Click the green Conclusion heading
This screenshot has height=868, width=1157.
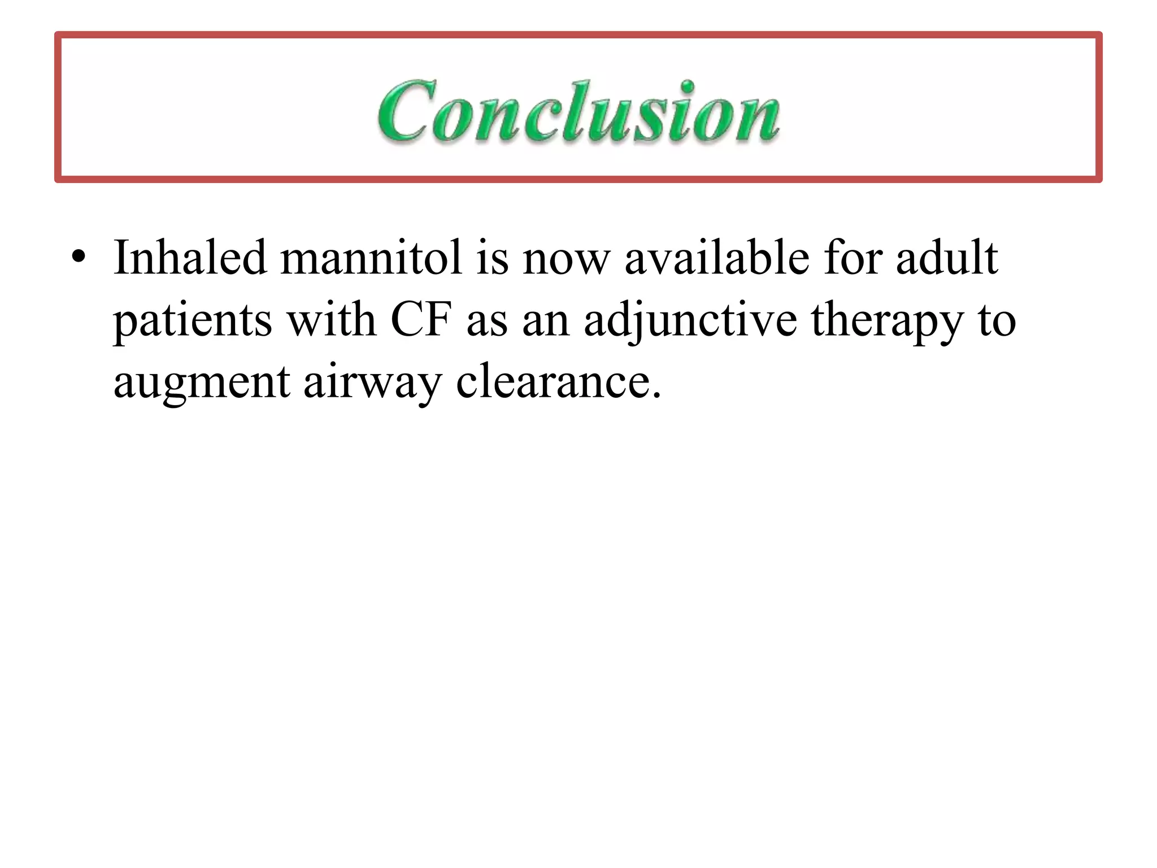click(x=578, y=111)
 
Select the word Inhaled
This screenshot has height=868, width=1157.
click(x=190, y=258)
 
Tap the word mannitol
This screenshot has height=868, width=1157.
click(x=371, y=258)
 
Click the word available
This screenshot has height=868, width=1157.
click(x=717, y=258)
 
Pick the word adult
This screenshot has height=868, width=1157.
click(x=947, y=258)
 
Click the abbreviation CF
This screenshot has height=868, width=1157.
click(x=421, y=320)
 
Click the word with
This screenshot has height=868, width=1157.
click(x=332, y=320)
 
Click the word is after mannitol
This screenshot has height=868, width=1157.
click(x=492, y=258)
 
